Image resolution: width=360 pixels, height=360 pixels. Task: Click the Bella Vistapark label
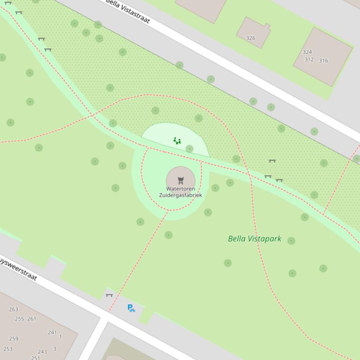click(255, 239)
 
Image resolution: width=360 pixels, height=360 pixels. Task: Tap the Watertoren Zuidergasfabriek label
click(181, 192)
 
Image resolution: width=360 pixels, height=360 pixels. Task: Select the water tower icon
click(181, 180)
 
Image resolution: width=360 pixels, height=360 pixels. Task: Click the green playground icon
click(177, 140)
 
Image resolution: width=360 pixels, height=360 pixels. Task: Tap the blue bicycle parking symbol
click(131, 308)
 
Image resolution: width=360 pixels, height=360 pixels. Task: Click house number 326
click(251, 38)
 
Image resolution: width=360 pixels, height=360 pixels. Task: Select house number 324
click(307, 52)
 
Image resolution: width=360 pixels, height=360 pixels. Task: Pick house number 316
click(323, 61)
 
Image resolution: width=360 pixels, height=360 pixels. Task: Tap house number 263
click(14, 310)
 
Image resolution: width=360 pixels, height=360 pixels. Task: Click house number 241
click(52, 333)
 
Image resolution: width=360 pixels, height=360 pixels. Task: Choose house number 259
click(14, 339)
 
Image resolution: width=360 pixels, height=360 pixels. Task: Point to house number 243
click(42, 352)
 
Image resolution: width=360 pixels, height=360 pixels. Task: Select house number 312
click(309, 60)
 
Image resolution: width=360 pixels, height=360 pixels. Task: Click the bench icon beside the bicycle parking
click(109, 295)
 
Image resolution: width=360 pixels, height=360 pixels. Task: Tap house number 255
click(19, 319)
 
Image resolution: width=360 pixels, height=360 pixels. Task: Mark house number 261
click(32, 319)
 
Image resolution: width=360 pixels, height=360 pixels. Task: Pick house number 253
click(8, 349)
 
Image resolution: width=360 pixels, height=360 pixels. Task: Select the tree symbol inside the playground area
click(190, 149)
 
